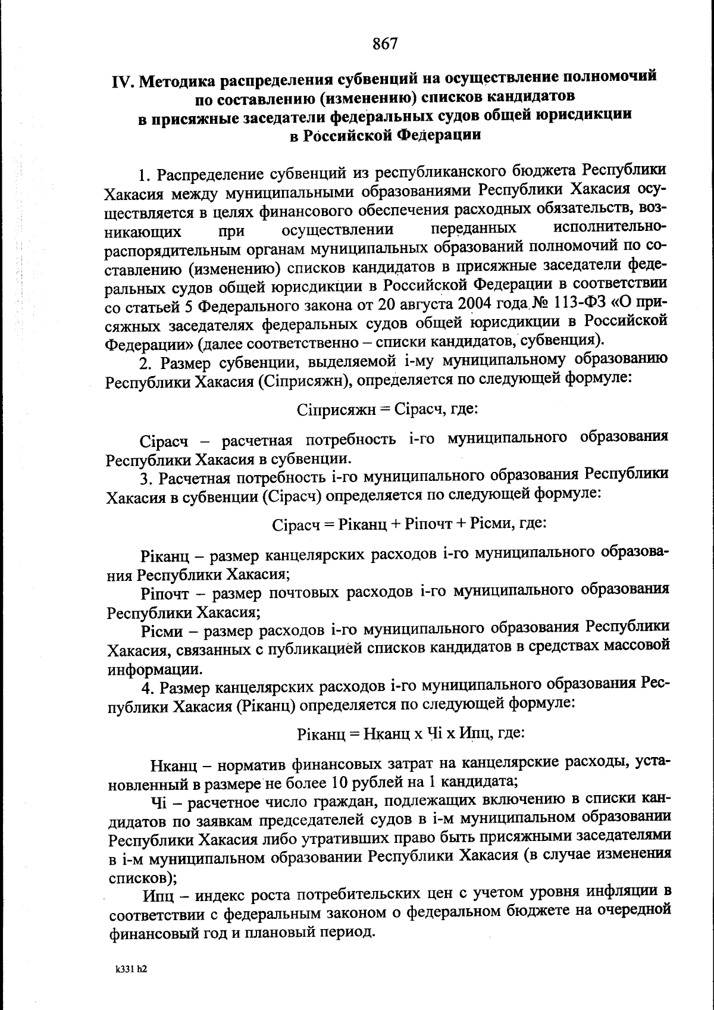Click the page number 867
tap(385, 43)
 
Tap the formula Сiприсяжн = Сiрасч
tap(387, 409)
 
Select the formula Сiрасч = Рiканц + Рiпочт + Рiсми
tap(409, 524)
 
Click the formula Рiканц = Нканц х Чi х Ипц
tap(411, 733)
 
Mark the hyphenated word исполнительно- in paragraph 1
tap(609, 229)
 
